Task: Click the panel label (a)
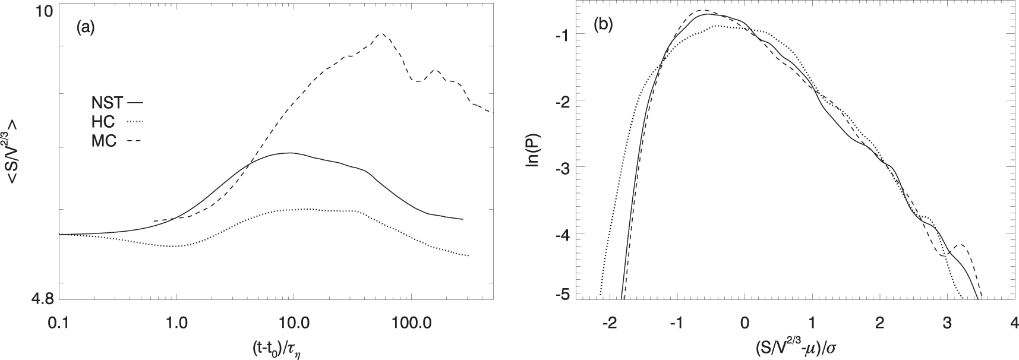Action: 86,27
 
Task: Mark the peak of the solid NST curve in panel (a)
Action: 290,153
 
